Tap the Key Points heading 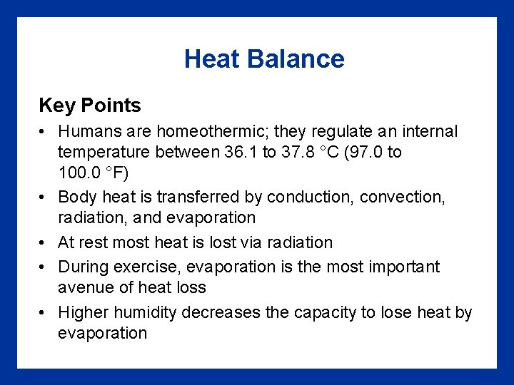tap(90, 106)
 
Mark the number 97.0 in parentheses tap(363, 152)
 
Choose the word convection tap(402, 197)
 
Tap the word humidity tap(143, 312)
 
